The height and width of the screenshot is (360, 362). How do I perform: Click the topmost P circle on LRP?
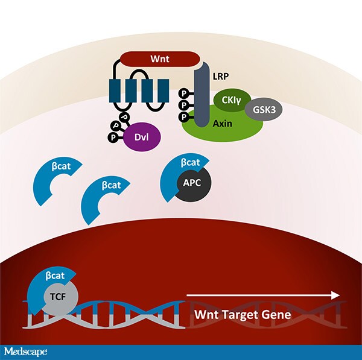coord(184,93)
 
